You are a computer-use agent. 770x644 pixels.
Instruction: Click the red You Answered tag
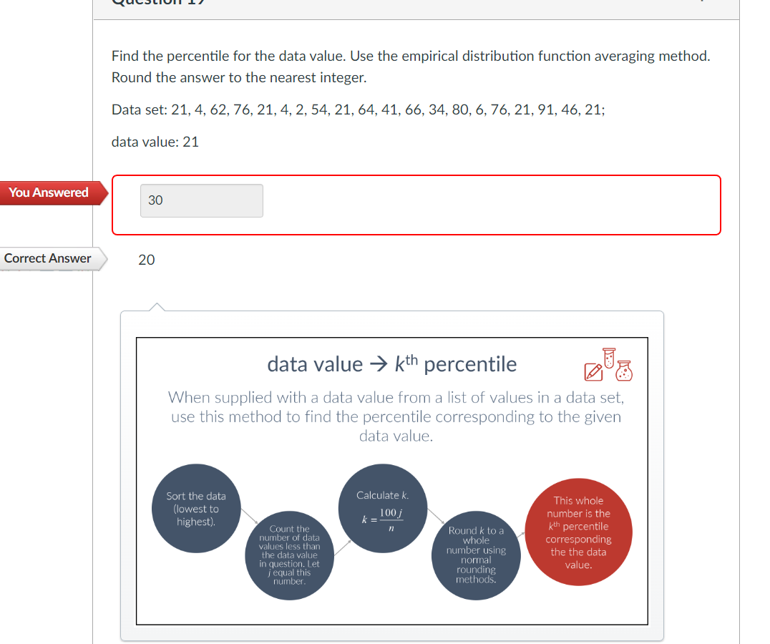49,192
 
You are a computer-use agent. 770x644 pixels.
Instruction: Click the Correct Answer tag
48,258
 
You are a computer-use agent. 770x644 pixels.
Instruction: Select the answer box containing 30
201,200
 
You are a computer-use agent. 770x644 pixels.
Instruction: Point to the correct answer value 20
146,260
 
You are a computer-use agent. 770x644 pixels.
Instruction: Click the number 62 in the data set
217,109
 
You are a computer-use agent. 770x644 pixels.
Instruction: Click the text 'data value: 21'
155,142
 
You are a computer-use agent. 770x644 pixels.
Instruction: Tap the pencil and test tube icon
600,364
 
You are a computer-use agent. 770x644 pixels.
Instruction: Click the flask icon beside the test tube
625,371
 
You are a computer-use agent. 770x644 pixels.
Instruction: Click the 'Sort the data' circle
195,509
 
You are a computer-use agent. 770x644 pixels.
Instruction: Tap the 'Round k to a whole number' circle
476,555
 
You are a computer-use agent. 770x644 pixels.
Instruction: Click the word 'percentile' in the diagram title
469,364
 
